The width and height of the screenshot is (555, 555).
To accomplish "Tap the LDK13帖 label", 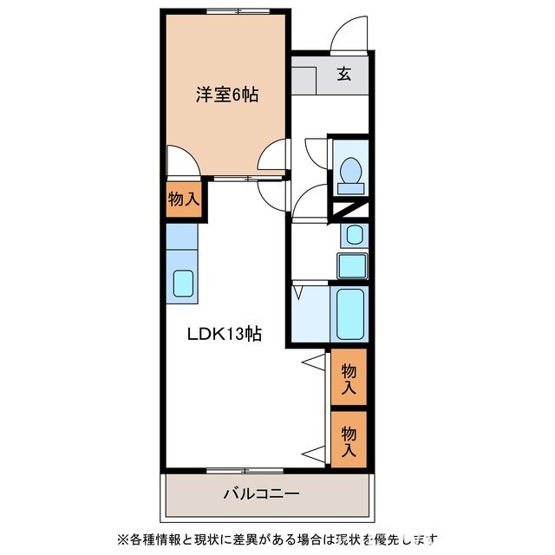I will [x=225, y=333].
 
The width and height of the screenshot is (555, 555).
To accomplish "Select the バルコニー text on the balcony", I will [x=261, y=493].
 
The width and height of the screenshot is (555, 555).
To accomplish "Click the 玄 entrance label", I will [x=344, y=75].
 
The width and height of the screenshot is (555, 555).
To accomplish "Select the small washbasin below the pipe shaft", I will [x=354, y=234].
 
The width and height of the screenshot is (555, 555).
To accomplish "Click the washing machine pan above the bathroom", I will [x=352, y=266].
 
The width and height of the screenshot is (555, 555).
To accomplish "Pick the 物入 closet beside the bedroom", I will [x=184, y=199].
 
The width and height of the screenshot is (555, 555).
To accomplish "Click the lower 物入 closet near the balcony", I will [x=349, y=438].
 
